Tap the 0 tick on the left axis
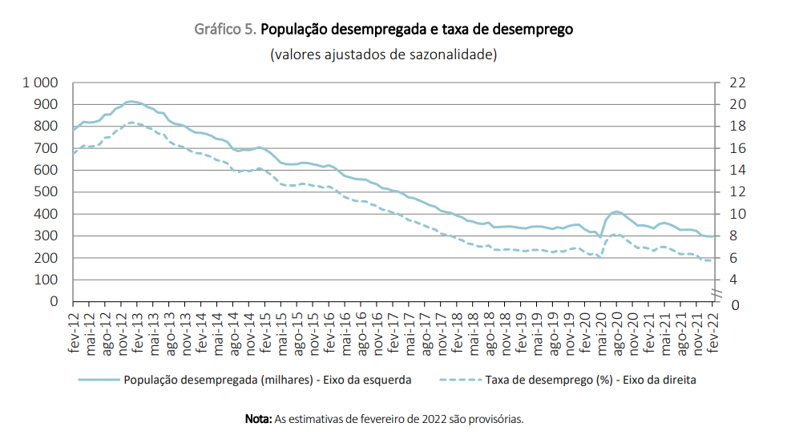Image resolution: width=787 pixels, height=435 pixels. pyautogui.click(x=54, y=302)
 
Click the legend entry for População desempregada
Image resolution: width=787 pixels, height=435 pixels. pyautogui.click(x=244, y=380)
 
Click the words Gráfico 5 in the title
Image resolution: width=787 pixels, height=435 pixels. pyautogui.click(x=225, y=30)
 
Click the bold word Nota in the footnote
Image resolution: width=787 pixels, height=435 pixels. pyautogui.click(x=258, y=419)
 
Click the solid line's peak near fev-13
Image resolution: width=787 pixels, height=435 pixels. pyautogui.click(x=131, y=102)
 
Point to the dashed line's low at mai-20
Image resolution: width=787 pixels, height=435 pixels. pyautogui.click(x=600, y=257)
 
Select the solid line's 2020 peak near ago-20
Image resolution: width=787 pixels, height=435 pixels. pyautogui.click(x=615, y=211)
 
